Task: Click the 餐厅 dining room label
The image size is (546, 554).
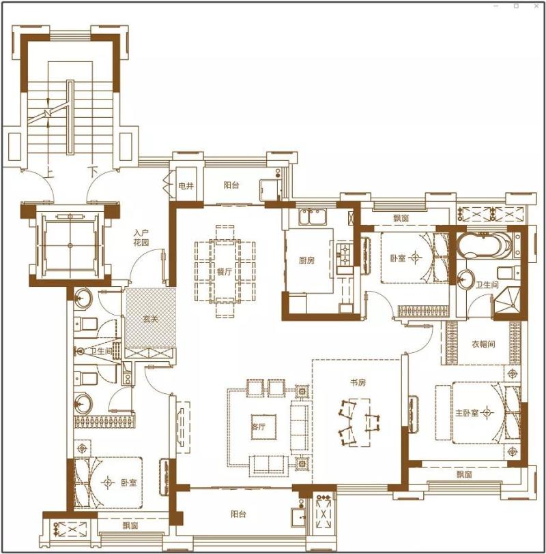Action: click(x=225, y=272)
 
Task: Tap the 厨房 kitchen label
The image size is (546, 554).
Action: click(x=306, y=261)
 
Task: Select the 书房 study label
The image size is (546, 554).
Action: click(x=358, y=382)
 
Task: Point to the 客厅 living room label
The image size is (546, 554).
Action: click(x=258, y=427)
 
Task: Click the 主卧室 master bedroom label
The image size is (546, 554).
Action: click(x=467, y=413)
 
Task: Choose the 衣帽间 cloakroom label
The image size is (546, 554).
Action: click(x=483, y=343)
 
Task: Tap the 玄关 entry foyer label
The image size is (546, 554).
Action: click(x=150, y=319)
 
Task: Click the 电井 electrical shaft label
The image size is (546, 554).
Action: click(x=186, y=185)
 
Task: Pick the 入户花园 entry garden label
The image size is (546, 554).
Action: click(x=141, y=238)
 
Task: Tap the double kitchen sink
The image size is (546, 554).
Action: click(x=313, y=217)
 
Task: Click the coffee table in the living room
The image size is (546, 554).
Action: click(x=263, y=427)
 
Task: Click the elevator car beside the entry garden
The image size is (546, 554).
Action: click(x=70, y=245)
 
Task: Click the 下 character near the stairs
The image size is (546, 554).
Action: click(x=93, y=172)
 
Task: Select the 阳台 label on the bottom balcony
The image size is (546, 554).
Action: click(x=238, y=514)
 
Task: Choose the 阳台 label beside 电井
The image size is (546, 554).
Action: click(x=231, y=185)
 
